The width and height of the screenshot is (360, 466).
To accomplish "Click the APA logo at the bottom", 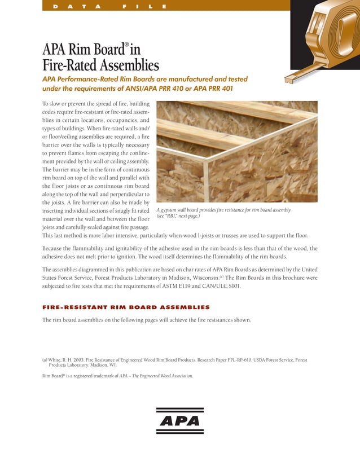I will (179, 420).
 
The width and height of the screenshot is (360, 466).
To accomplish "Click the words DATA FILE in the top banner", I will (109, 6).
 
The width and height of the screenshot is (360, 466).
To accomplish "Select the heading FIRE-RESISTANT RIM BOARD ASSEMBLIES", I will (126, 307).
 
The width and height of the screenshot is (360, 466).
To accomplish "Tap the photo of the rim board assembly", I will (236, 152).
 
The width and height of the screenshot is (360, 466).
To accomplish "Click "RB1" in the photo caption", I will (170, 217).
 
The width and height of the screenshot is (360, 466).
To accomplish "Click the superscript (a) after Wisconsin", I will (222, 276).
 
